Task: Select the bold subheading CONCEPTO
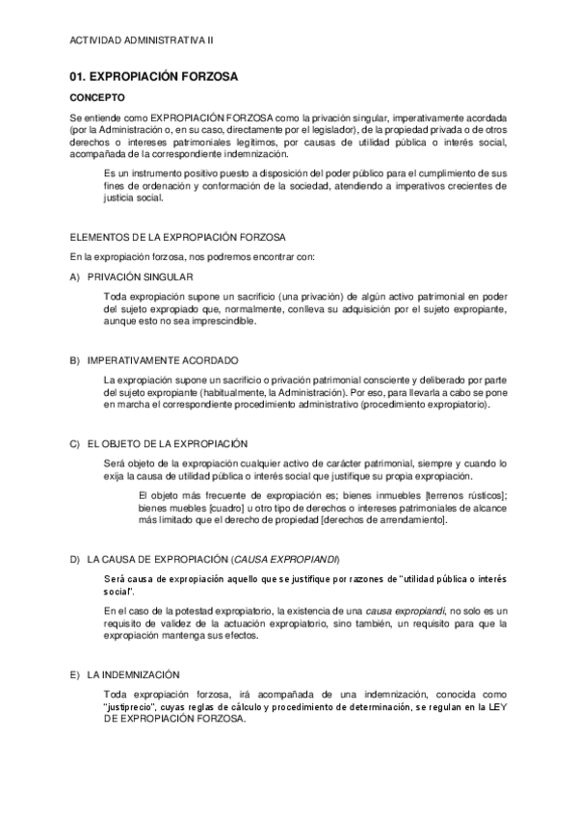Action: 96,97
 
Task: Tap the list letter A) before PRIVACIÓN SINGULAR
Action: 75,277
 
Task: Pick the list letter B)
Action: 75,359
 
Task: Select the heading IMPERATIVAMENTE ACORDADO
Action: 162,359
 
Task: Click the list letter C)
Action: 75,443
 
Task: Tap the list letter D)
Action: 75,559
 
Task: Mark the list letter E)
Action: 75,674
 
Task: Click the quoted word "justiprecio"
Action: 132,706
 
